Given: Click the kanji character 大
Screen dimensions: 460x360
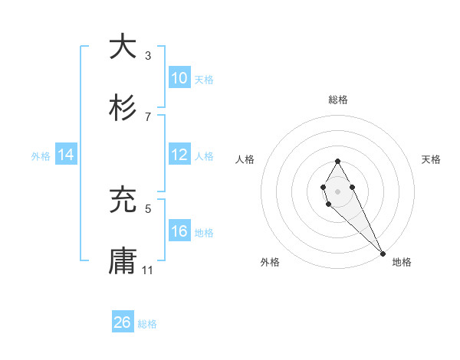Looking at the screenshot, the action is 123,47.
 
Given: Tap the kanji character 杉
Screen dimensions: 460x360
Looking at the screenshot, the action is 123,109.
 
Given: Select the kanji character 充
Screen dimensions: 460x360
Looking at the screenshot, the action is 123,201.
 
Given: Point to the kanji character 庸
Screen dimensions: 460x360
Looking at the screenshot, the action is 123,262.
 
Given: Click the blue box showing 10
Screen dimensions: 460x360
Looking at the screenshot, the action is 179,78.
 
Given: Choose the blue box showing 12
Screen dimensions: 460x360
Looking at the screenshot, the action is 179,155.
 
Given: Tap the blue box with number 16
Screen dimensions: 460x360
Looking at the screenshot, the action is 179,231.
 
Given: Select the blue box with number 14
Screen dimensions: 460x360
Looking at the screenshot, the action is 66,155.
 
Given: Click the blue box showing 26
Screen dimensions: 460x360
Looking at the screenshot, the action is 123,322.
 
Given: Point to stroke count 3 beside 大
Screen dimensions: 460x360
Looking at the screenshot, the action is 148,55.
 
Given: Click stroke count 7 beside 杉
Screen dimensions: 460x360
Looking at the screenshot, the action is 148,116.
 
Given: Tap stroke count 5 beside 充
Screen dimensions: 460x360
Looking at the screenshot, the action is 148,208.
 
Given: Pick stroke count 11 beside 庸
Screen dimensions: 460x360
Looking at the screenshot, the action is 149,270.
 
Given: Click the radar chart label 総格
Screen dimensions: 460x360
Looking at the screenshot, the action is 338,100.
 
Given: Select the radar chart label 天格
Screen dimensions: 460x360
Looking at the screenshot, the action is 432,159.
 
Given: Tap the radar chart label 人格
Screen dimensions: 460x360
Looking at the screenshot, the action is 245,159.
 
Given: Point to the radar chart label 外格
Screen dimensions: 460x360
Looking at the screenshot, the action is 270,262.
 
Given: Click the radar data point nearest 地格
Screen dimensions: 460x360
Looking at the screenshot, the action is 383,253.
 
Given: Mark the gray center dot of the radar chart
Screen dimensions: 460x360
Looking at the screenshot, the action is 337,190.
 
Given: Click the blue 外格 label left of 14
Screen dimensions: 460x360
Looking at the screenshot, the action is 41,155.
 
